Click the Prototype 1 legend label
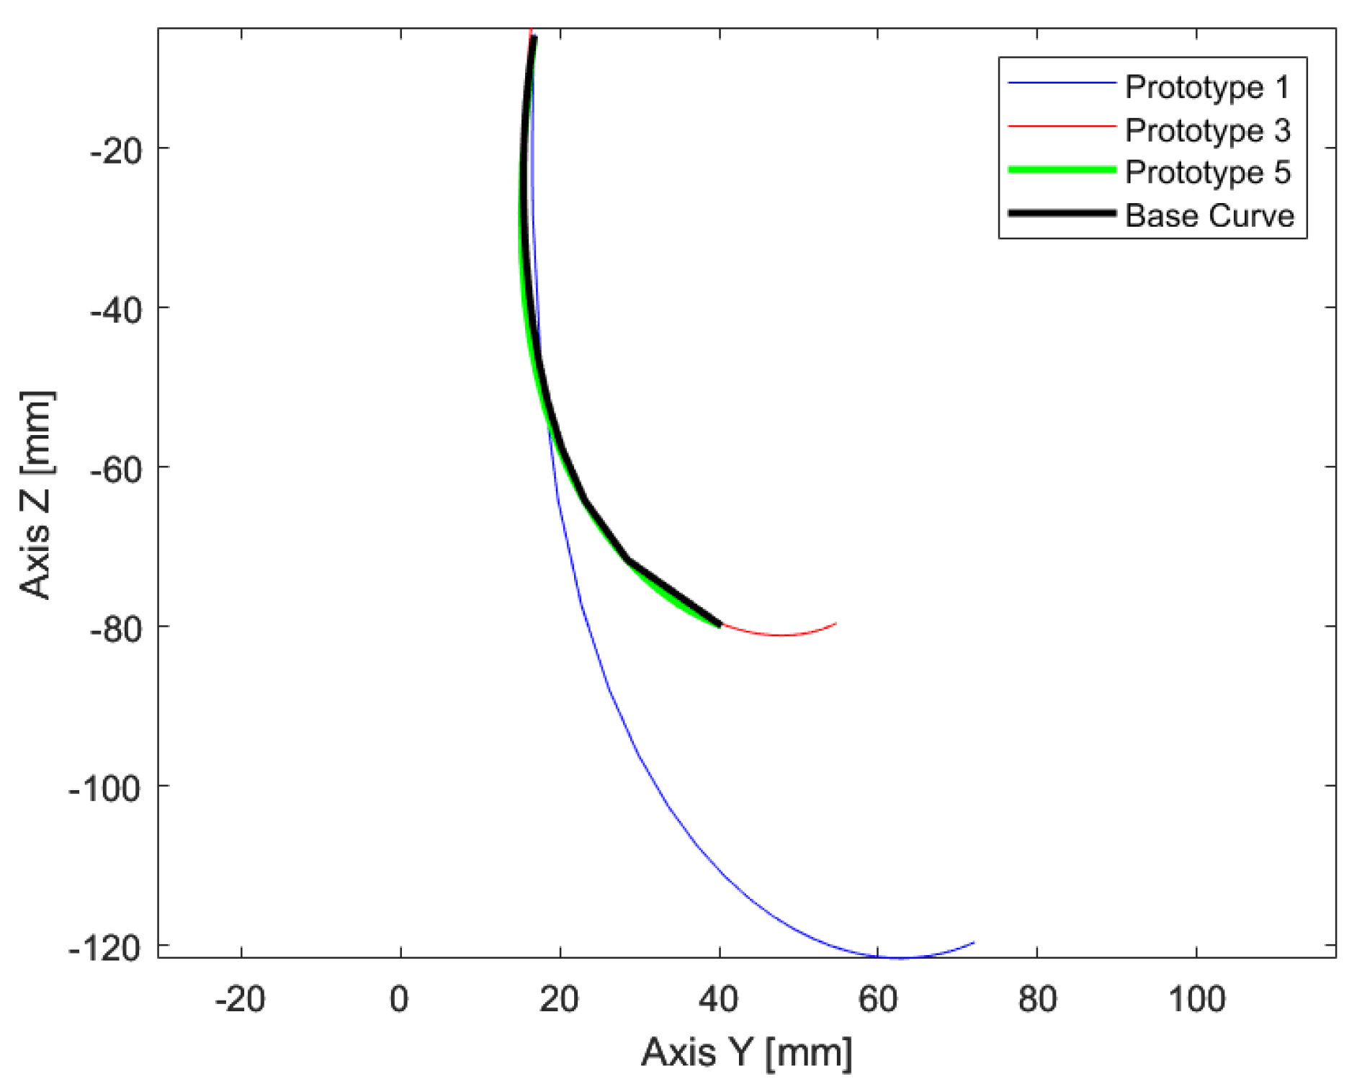(x=1207, y=88)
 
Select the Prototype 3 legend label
(x=1207, y=130)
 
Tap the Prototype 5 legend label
(x=1207, y=173)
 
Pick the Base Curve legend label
(x=1209, y=215)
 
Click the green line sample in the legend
(x=1062, y=170)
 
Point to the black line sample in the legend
(x=1062, y=213)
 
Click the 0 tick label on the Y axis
(x=400, y=1000)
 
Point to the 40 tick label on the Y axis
(x=719, y=1000)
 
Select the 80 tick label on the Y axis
(x=1037, y=1000)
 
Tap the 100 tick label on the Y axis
(x=1196, y=1000)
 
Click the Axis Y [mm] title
(x=746, y=1053)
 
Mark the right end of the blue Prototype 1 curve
(x=974, y=942)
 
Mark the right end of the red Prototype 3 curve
(x=835, y=623)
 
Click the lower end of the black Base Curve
(x=718, y=624)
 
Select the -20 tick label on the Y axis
(x=240, y=1000)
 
